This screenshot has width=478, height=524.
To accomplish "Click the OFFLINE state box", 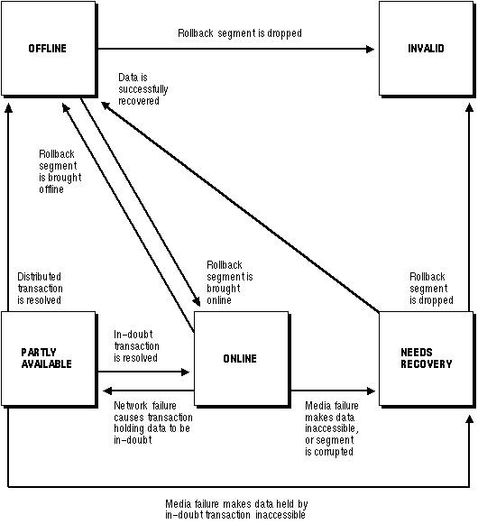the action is pos(49,49).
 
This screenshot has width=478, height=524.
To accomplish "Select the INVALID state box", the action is pos(426,49).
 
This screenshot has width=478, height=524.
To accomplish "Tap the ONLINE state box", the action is pos(241,359).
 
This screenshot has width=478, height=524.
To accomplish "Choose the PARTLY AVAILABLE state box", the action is pos(49,359).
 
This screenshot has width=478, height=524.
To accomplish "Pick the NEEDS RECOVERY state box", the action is pos(426,359).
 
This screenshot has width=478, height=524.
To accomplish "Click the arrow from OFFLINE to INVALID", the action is pos(236,49).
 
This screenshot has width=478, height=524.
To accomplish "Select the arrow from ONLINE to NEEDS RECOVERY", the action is pos(333,391).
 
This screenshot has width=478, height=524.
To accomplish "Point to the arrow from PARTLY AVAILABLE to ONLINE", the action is pos(143,372).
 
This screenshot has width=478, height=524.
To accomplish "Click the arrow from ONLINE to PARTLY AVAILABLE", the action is pos(149,391).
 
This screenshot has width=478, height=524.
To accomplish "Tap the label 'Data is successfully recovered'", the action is pos(143,89).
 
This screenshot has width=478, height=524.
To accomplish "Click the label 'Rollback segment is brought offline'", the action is pos(60,171).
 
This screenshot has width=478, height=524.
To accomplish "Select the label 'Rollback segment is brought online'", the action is pos(230,282).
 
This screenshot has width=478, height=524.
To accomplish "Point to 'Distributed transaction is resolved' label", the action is pos(40,289).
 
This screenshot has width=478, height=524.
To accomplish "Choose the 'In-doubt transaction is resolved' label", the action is pos(136,346).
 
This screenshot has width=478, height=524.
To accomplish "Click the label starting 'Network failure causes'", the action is pos(153,423).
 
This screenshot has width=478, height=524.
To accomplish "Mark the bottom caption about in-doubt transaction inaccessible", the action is pos(236,509).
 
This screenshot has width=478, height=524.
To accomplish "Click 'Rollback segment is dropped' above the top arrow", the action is pos(240,33).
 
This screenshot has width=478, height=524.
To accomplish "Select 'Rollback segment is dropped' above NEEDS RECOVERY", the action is pos(431,289).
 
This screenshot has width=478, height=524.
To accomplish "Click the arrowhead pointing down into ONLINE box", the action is pos(197,301).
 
